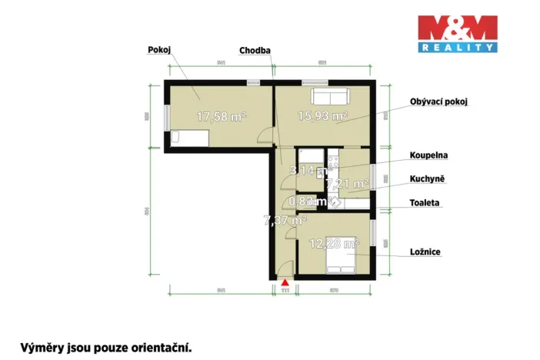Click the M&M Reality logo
click(x=457, y=34)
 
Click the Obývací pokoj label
click(x=439, y=102)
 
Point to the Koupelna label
click(x=429, y=155)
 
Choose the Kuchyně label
click(x=428, y=178)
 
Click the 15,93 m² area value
click(x=323, y=116)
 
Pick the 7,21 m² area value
click(x=348, y=184)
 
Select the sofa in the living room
click(x=329, y=98)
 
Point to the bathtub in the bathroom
click(x=358, y=205)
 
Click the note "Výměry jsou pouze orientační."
click(x=106, y=347)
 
